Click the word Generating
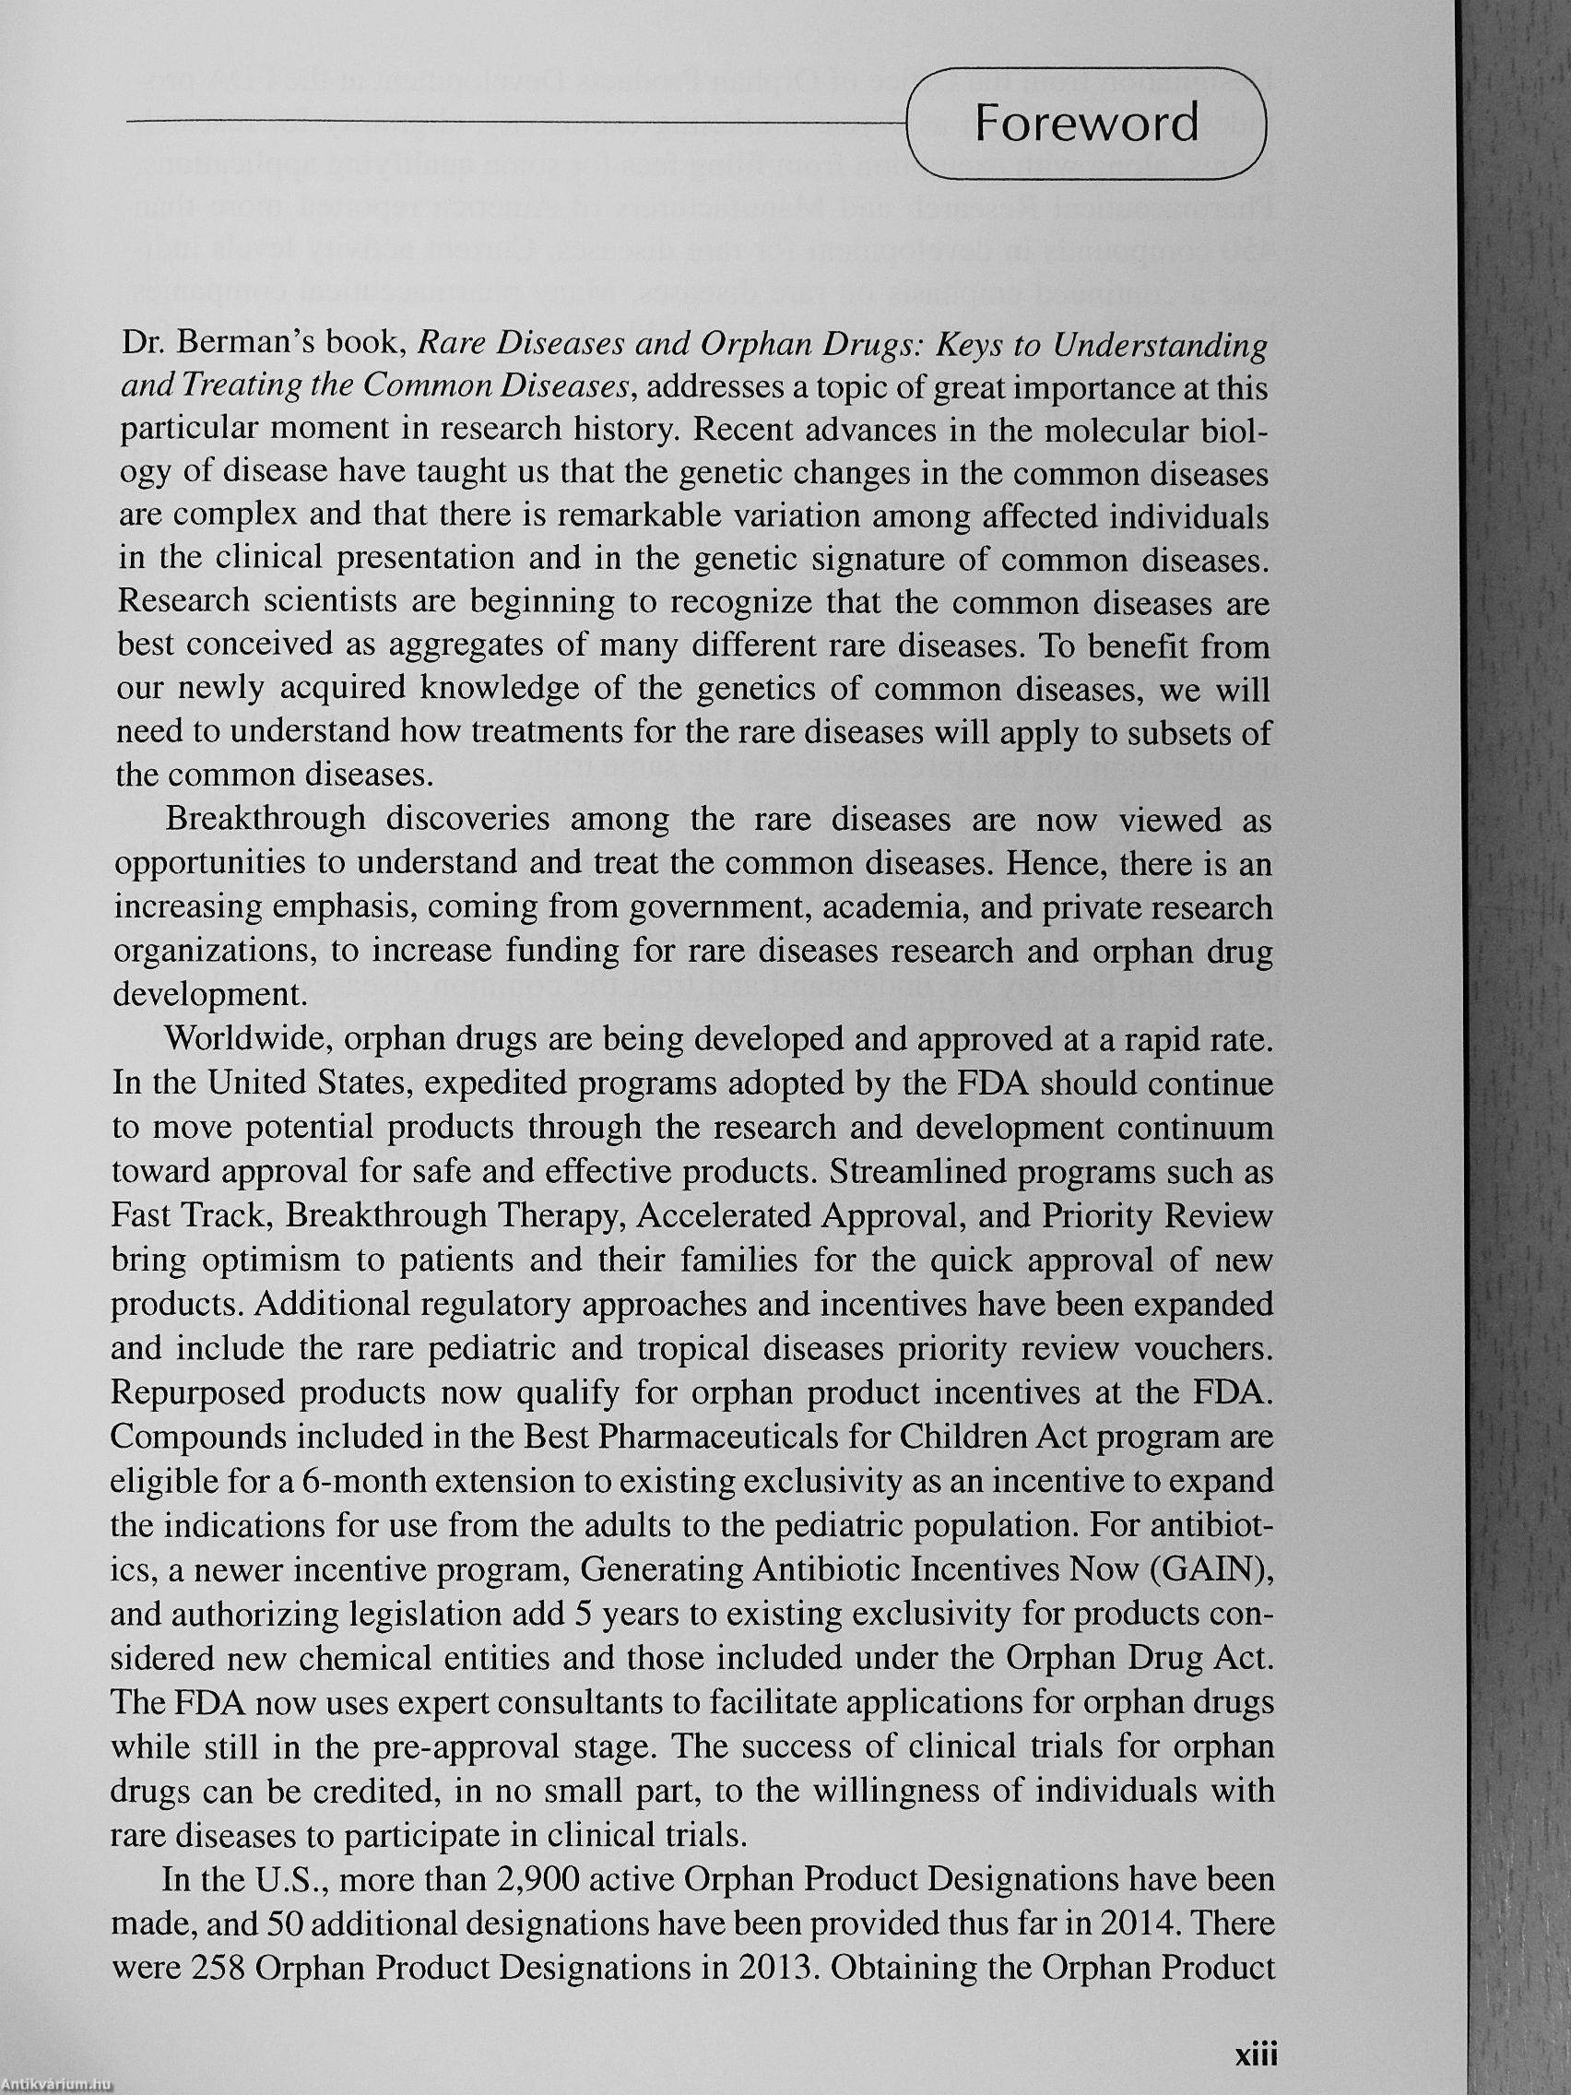coord(659,1570)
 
